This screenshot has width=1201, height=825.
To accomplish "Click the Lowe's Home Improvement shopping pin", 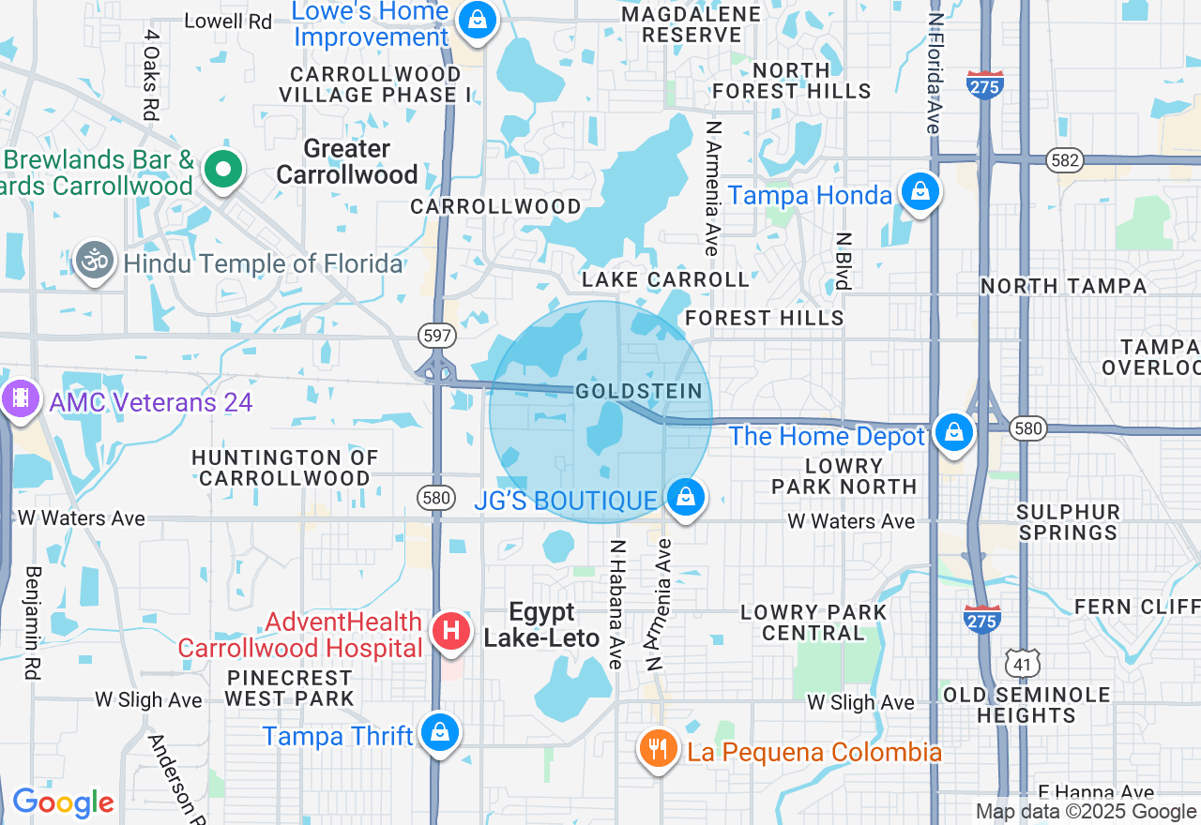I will [477, 19].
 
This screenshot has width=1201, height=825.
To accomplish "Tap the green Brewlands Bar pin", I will [223, 170].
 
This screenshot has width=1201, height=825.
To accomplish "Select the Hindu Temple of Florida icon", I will [96, 262].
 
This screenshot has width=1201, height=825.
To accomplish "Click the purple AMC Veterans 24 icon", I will [20, 399].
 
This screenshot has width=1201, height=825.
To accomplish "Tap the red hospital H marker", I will [450, 629].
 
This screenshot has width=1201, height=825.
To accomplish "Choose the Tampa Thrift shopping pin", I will [439, 732].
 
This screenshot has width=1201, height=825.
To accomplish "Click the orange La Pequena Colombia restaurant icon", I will [659, 748].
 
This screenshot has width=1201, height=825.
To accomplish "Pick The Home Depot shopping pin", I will [953, 432].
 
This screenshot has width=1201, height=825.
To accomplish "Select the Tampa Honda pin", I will [920, 191].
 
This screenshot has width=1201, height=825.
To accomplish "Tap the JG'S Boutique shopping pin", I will [686, 497].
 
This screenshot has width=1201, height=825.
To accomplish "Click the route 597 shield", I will [438, 335].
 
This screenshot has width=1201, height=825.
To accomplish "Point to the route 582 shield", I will [1065, 160].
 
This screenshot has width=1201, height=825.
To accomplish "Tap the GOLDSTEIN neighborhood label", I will [638, 391].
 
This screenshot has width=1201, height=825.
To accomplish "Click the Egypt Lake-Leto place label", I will [541, 625].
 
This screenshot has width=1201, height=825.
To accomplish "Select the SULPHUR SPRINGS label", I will [1069, 522].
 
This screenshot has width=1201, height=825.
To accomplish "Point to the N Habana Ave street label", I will [616, 604].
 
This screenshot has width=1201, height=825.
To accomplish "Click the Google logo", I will [63, 803].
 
